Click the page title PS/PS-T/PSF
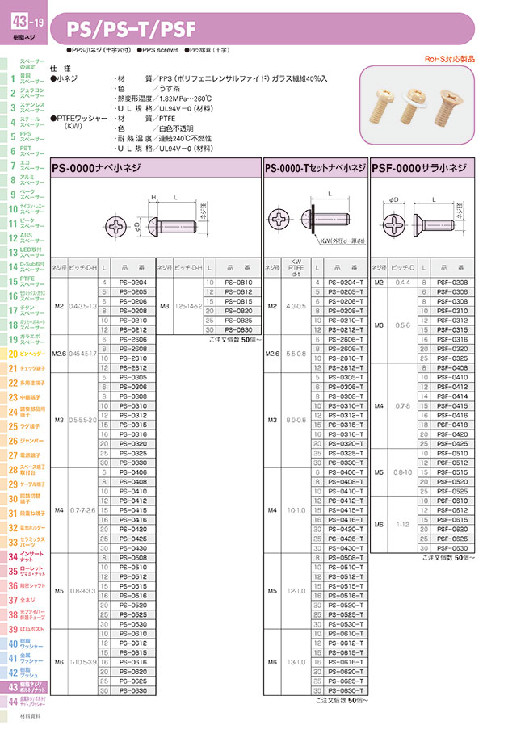pos(133,30)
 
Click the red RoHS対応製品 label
pos(449,59)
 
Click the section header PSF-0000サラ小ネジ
pos(418,168)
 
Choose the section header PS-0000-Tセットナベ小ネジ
pos(314,168)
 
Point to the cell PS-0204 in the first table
pos(132,282)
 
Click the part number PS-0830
pos(239,330)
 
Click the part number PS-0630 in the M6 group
pos(132,690)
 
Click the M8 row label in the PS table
pos(164,306)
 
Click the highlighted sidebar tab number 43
pos(13,686)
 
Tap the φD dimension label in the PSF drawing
pos(393,199)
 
